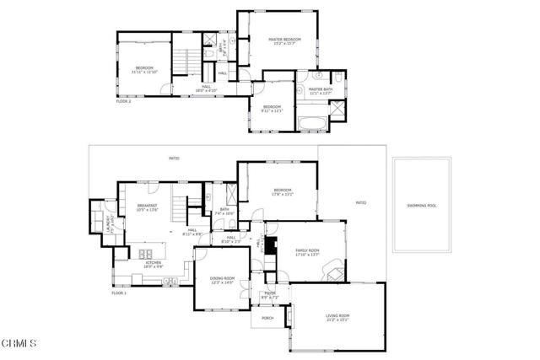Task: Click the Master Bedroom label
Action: [x=285, y=40]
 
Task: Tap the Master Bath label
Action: [x=321, y=89]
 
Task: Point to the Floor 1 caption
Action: [x=119, y=293]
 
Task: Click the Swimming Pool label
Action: [x=422, y=205]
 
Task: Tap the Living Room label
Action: [x=337, y=316]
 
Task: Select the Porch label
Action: [x=267, y=319]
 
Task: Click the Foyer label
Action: [x=268, y=293]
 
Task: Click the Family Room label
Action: [x=306, y=251]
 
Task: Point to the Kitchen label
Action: [x=154, y=263]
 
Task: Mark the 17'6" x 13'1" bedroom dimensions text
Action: [x=282, y=194]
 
